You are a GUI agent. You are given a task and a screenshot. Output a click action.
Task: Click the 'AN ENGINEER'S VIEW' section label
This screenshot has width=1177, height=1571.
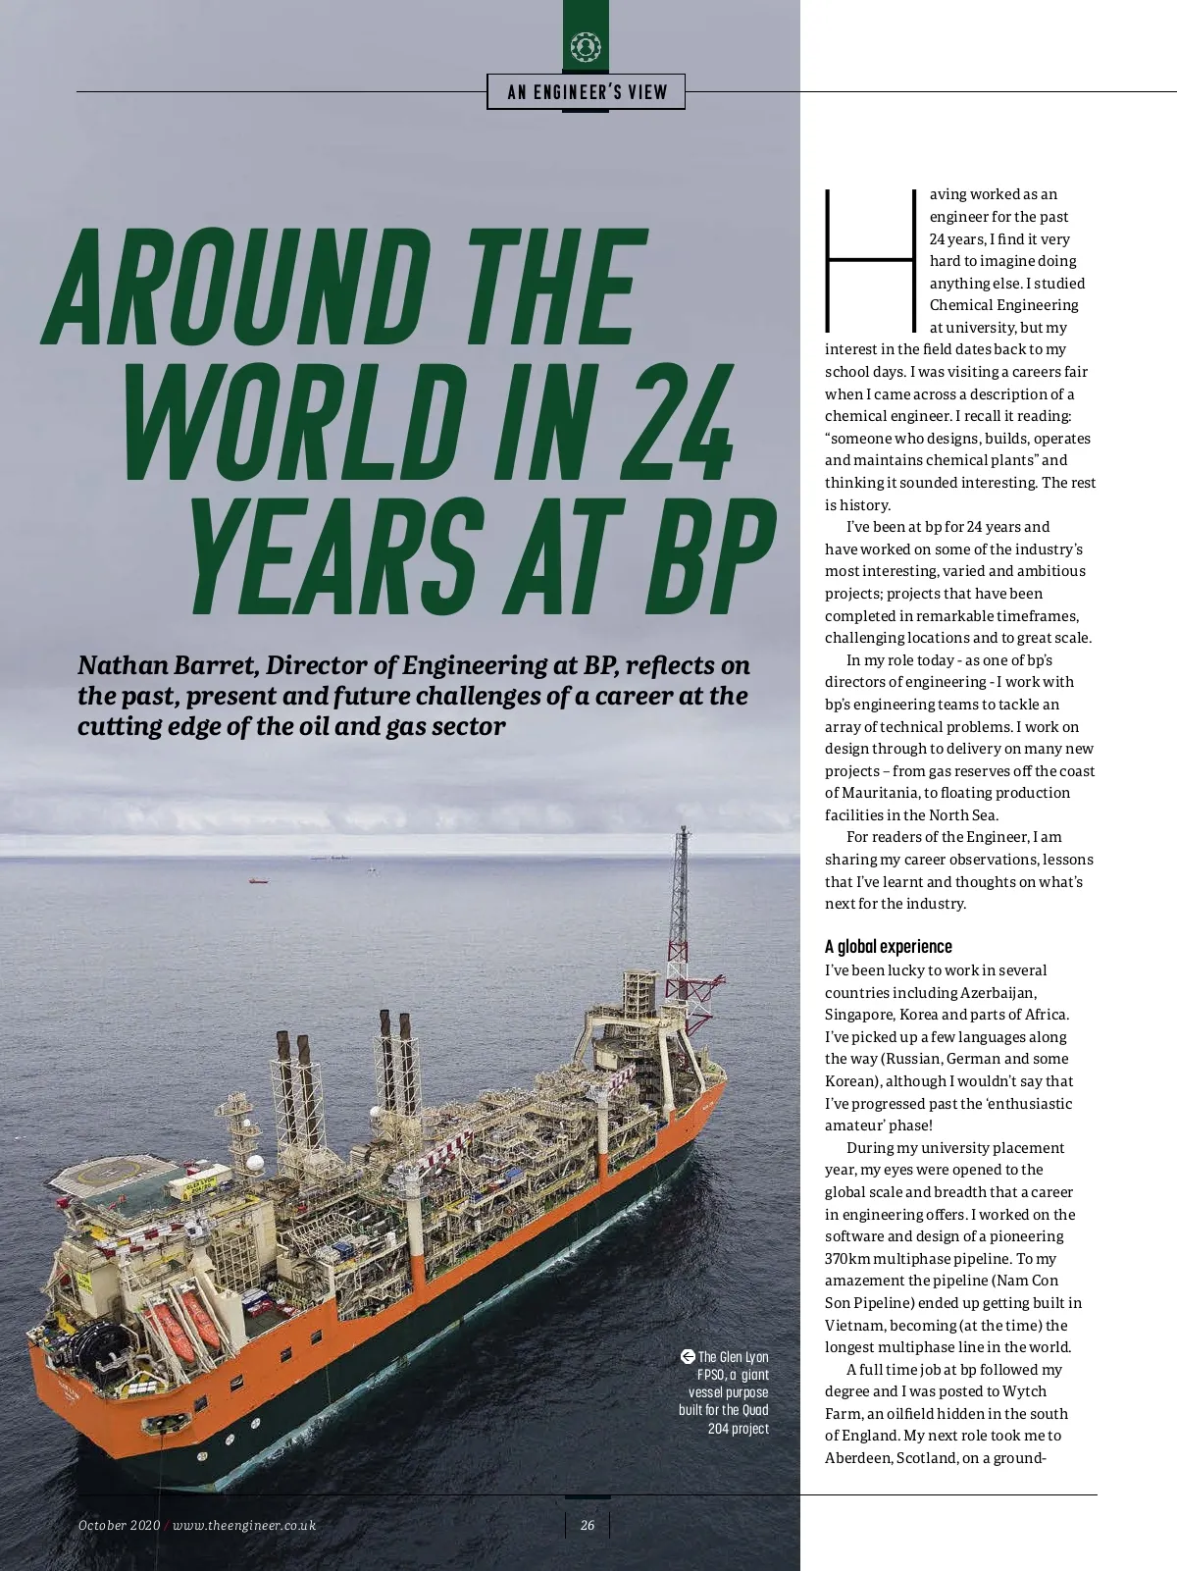[x=587, y=92]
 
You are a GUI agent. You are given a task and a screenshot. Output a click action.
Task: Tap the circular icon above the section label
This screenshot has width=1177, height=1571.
[x=586, y=46]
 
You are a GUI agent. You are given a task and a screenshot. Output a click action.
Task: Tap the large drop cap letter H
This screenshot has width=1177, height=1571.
[x=872, y=260]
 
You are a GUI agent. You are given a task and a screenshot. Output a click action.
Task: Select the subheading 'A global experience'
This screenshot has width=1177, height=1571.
[x=888, y=946]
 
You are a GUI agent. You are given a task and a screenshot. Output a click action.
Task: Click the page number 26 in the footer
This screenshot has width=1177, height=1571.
[x=588, y=1525]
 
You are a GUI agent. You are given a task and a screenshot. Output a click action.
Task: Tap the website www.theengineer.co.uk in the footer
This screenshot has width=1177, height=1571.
[x=244, y=1525]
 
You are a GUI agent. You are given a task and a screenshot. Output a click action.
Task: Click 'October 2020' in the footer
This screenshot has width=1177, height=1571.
[x=119, y=1525]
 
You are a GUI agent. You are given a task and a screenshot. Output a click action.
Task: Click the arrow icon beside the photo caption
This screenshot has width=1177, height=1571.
[x=688, y=1356]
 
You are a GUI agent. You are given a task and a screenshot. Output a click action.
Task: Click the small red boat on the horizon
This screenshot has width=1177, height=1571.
[x=258, y=880]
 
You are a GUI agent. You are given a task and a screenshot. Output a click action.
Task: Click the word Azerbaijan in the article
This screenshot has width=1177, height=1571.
[x=998, y=992]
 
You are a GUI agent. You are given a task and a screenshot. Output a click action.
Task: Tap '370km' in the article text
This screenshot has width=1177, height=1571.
[x=846, y=1258]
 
